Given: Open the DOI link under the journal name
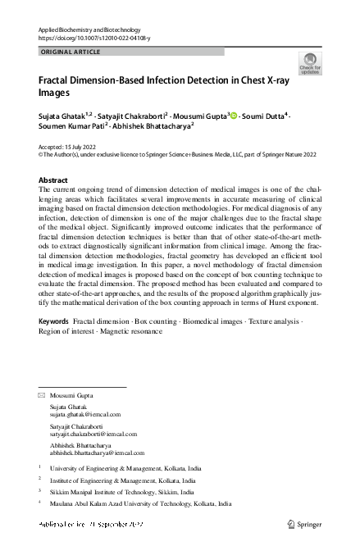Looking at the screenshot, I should [94, 38].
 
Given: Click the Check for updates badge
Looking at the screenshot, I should [310, 63].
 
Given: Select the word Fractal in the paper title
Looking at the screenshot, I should [57, 81].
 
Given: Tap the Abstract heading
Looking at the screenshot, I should [53, 179].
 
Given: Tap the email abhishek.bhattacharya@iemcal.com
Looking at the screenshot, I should [97, 453].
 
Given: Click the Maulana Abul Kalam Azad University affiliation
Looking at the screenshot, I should [140, 504].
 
